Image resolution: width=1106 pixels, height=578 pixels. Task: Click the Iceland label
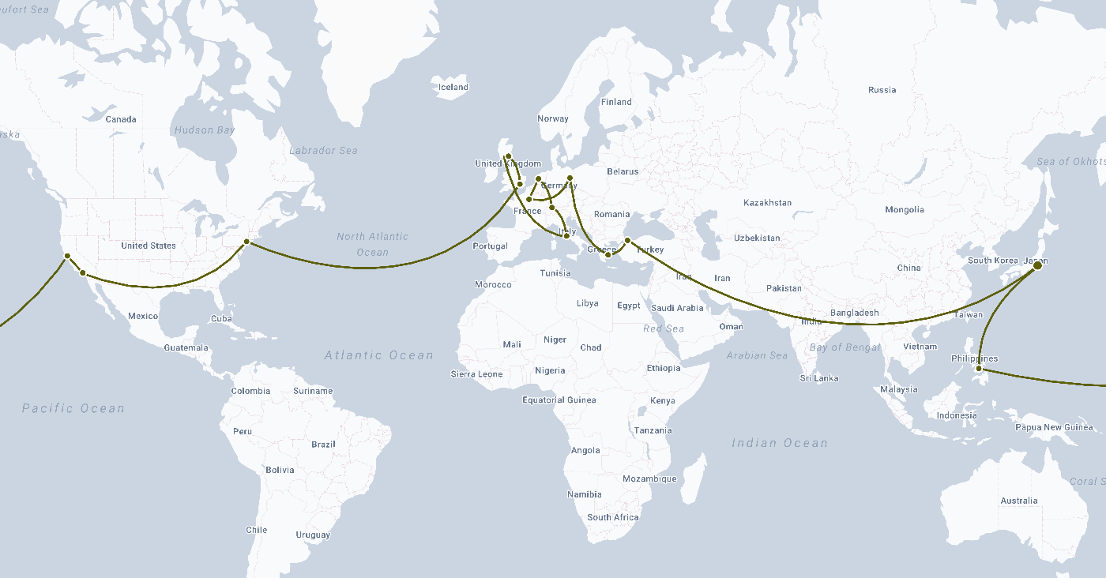453,87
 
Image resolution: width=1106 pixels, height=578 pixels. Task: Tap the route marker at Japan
1037,266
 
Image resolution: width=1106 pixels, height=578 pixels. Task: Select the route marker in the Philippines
979,369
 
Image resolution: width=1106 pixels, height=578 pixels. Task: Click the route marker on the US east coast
246,242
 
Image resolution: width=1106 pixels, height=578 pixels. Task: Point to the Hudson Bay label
205,130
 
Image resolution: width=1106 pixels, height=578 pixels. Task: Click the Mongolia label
905,209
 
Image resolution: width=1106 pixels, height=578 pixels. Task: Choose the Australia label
1018,501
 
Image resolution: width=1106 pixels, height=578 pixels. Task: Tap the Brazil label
323,445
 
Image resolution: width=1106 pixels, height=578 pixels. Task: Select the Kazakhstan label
767,203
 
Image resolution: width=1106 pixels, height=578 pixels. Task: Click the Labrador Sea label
323,150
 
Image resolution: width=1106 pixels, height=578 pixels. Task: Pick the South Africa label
613,517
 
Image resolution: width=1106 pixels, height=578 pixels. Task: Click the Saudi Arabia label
678,308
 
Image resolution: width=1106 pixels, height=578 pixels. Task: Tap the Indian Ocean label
780,443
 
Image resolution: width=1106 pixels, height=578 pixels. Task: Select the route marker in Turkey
627,240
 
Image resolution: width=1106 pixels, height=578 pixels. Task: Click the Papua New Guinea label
1054,427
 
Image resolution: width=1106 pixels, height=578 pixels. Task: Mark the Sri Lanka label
819,378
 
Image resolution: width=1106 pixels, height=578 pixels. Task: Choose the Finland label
616,102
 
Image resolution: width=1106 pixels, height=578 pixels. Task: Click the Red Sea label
664,328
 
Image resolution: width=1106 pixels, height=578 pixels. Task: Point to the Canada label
121,119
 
